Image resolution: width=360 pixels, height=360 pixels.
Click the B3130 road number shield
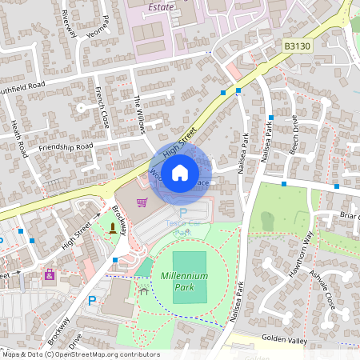[297, 48]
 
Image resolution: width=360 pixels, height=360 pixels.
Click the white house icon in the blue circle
[181, 171]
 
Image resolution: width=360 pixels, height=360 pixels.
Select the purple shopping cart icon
[142, 202]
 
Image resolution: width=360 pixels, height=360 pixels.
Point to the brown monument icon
[112, 229]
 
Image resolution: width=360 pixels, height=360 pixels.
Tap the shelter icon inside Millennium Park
[143, 290]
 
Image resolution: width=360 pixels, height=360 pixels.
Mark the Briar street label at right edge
[349, 214]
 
